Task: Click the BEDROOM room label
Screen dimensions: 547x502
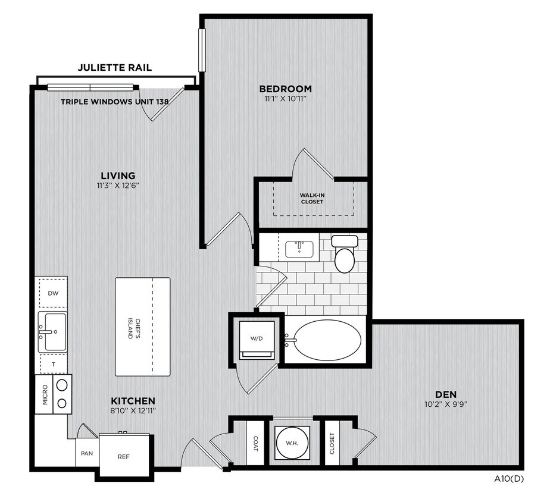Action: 285,89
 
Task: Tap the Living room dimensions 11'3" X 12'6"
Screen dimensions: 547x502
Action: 118,186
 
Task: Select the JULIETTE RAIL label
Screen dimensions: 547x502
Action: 115,67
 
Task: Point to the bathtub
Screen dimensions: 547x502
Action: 323,340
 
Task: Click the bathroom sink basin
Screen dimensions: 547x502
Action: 299,248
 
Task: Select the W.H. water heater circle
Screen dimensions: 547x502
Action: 292,443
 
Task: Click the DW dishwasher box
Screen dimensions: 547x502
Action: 53,293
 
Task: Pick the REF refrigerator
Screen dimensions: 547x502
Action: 123,456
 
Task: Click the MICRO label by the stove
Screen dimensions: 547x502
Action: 45,394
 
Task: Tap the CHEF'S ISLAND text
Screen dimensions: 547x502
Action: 135,328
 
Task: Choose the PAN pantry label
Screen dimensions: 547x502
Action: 87,453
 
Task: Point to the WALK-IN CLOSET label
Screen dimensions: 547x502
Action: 312,198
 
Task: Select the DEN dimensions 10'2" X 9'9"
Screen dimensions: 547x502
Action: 446,404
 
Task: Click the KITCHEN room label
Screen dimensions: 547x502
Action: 133,401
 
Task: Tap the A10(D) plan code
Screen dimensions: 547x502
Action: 509,479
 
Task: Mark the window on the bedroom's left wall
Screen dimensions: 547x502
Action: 201,50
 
